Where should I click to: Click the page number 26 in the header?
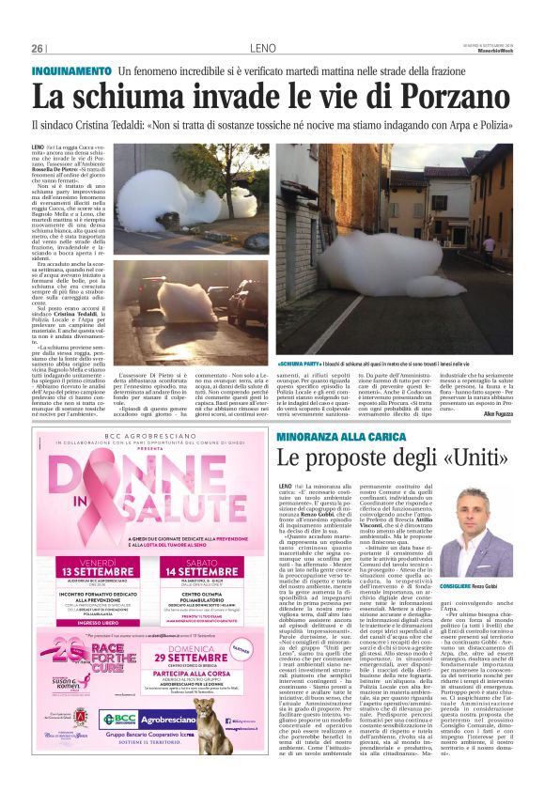(38, 48)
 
